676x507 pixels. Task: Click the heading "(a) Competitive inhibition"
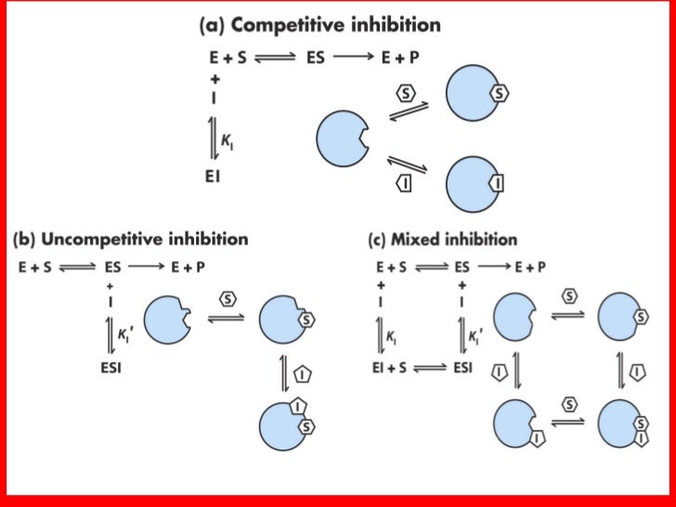[x=319, y=25]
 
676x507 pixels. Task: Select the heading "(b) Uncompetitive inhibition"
[x=130, y=239]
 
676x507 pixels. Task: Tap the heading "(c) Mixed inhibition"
[x=443, y=239]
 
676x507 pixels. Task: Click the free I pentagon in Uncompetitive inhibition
[x=305, y=375]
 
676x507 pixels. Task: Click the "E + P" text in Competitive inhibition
[x=400, y=57]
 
